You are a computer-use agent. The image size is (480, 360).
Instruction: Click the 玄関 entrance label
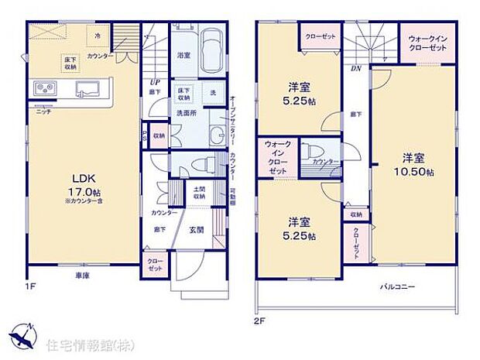[x=197, y=229]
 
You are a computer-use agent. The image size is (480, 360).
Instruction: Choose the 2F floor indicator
[x=258, y=317]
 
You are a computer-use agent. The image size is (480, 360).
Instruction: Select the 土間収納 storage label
[x=199, y=194]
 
